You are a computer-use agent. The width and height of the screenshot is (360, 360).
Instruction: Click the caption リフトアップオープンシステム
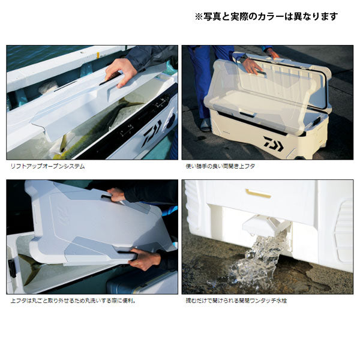coord(48,166)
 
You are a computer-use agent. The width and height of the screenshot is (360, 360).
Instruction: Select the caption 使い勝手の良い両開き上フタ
coord(220,166)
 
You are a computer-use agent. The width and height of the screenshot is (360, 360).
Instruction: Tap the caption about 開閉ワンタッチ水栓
coord(236,301)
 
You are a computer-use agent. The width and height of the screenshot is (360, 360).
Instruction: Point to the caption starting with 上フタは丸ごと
coord(73,301)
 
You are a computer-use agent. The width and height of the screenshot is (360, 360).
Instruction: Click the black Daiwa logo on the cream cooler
coord(273,144)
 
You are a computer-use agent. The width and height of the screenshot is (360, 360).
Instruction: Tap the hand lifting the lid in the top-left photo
coord(119,73)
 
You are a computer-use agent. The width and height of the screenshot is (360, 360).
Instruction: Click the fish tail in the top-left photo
coord(128,103)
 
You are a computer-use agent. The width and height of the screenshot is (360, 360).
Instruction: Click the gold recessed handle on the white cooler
coord(258,194)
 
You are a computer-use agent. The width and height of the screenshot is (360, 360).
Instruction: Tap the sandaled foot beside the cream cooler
coord(205,125)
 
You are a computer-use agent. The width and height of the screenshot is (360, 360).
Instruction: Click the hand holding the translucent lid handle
coord(253,66)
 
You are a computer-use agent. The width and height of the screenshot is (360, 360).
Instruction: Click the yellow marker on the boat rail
coord(98,55)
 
